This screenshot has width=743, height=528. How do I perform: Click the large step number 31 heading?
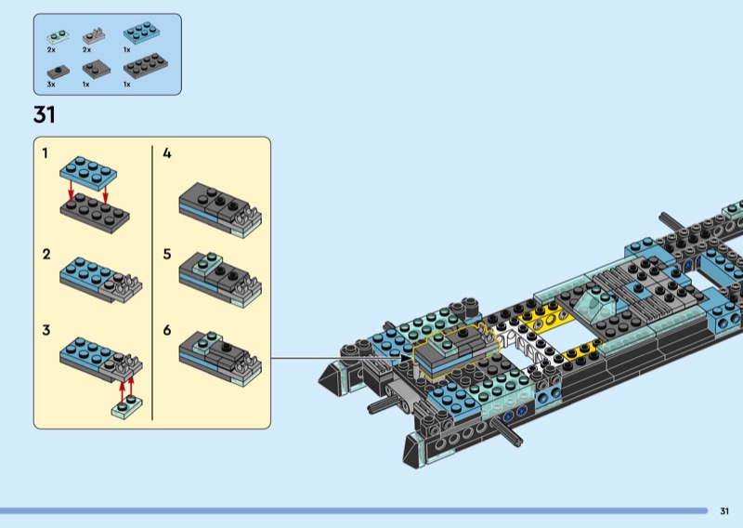tap(44, 115)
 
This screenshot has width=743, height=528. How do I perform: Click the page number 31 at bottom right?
tap(724, 511)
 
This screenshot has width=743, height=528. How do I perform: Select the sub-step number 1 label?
tap(45, 153)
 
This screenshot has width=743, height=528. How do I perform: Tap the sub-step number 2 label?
tap(46, 255)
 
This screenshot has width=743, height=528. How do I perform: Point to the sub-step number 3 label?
tap(46, 330)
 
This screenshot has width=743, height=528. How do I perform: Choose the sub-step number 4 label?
tap(167, 153)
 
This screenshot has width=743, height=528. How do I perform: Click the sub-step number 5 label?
tap(167, 255)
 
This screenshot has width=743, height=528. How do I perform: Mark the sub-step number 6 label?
tap(167, 330)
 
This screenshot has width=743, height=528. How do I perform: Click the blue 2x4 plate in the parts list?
tap(141, 33)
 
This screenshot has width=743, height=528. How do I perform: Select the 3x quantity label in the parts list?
tap(51, 85)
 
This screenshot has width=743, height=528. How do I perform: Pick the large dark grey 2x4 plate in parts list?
tap(146, 66)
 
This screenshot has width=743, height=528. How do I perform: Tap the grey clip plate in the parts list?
tap(94, 36)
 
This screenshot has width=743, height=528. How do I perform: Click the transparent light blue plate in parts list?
tap(58, 37)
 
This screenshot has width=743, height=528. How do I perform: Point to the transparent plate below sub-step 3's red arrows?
tap(126, 407)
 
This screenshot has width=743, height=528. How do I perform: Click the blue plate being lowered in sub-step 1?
tap(88, 172)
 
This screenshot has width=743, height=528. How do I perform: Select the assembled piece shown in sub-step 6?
tap(220, 357)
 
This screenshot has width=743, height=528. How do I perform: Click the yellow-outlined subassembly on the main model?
tap(455, 351)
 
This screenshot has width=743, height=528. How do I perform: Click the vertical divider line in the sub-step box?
tap(152, 283)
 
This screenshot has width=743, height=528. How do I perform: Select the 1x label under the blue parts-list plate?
tap(127, 50)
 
